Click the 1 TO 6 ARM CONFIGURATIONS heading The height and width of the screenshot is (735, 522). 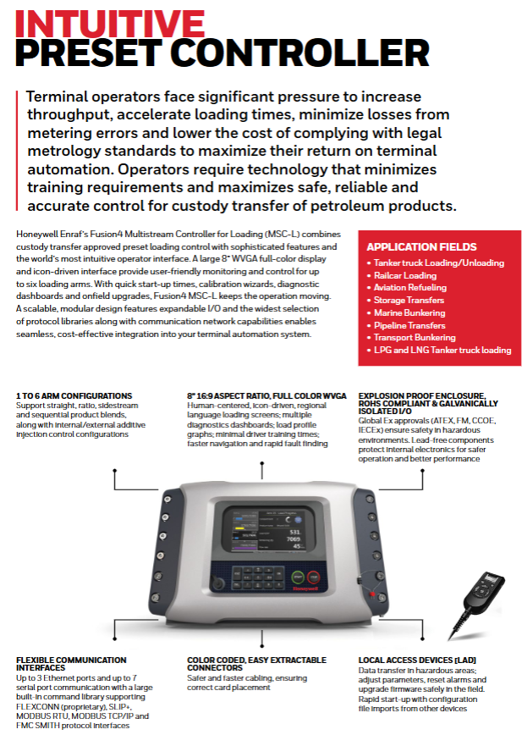(x=74, y=395)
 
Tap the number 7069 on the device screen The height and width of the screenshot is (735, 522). (x=294, y=538)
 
